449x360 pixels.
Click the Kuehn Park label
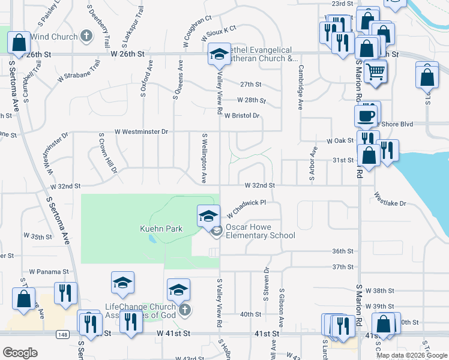click(161, 229)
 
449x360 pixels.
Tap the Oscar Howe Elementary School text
click(261, 232)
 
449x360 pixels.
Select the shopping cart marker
click(376, 72)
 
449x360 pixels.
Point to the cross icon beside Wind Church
click(86, 36)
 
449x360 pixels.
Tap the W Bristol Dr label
click(242, 115)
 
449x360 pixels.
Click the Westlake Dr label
click(390, 199)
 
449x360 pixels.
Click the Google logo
click(20, 353)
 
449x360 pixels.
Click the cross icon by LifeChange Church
click(185, 310)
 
